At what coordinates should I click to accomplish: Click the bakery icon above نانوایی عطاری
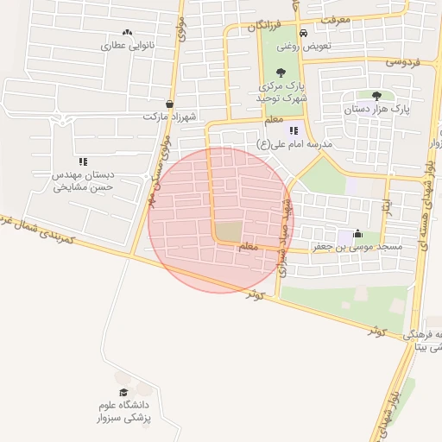click(x=128, y=32)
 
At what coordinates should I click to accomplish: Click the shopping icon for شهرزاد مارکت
click(x=170, y=104)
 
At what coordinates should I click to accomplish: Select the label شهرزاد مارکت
click(x=170, y=116)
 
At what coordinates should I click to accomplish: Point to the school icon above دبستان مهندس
click(x=83, y=161)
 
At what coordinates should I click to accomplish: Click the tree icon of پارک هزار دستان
click(x=376, y=96)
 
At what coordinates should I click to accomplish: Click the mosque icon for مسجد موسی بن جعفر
click(x=357, y=234)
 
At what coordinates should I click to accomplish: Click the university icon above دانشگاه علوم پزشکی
click(x=123, y=377)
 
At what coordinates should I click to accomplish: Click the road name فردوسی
click(x=401, y=62)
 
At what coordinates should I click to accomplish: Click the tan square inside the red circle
click(x=228, y=231)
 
